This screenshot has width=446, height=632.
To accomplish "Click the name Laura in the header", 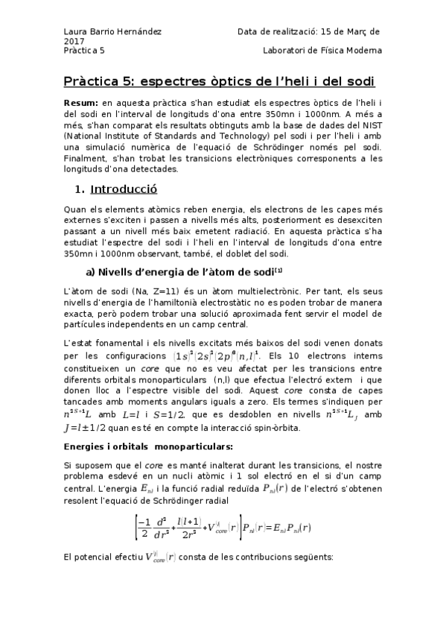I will [x=76, y=32].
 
